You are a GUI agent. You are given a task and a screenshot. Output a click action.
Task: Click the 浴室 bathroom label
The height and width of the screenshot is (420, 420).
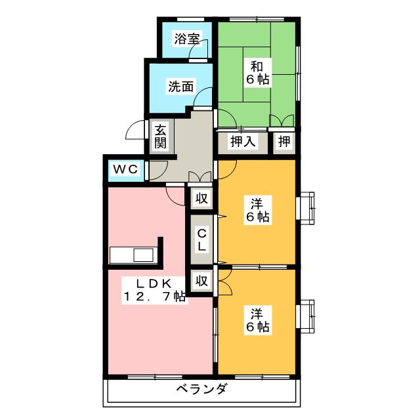[187, 39]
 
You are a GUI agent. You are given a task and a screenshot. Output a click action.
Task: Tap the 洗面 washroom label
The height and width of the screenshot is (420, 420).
[180, 86]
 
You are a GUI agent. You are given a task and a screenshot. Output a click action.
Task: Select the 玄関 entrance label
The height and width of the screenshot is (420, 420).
[161, 136]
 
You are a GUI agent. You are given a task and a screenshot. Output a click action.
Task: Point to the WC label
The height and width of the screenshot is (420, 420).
[125, 169]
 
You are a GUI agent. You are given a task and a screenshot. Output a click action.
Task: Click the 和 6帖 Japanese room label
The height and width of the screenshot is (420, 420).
[257, 72]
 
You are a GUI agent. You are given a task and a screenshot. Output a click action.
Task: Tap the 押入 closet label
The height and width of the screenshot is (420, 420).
[242, 140]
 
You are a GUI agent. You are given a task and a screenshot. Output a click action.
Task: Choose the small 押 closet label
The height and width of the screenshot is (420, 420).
[283, 140]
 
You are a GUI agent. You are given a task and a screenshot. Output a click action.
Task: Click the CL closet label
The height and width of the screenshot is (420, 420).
[202, 239]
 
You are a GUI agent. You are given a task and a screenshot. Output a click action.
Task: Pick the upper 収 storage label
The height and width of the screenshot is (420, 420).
[202, 197]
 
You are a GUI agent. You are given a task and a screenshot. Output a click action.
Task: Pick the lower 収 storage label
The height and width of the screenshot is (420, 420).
[202, 281]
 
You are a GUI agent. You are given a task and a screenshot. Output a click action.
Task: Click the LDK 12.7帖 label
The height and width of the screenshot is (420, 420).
[154, 289]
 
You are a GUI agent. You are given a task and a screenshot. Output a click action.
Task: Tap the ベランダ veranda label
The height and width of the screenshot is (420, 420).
[201, 389]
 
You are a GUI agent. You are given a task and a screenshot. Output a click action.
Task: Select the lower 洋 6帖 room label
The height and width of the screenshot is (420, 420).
[257, 319]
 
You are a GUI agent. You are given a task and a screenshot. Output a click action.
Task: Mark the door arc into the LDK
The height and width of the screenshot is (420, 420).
[175, 194]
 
